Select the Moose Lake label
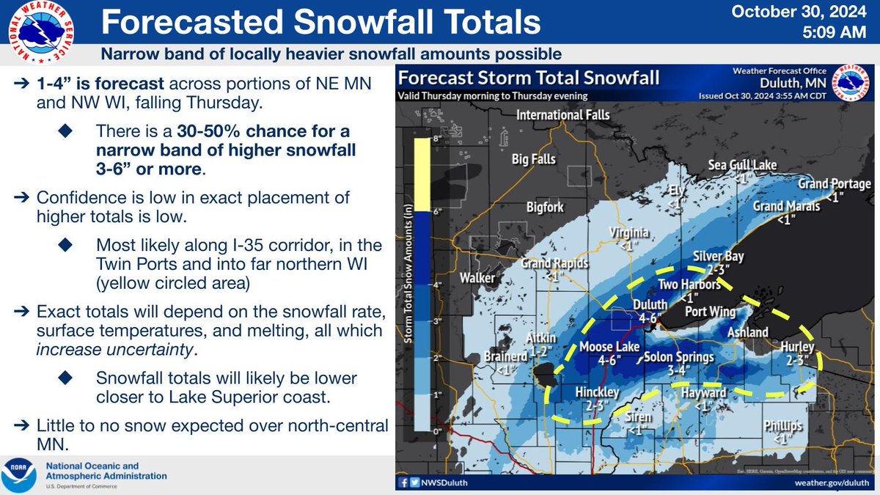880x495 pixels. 610,346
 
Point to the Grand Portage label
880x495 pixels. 835,183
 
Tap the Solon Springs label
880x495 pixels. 679,358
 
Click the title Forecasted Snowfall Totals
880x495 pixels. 320,24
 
